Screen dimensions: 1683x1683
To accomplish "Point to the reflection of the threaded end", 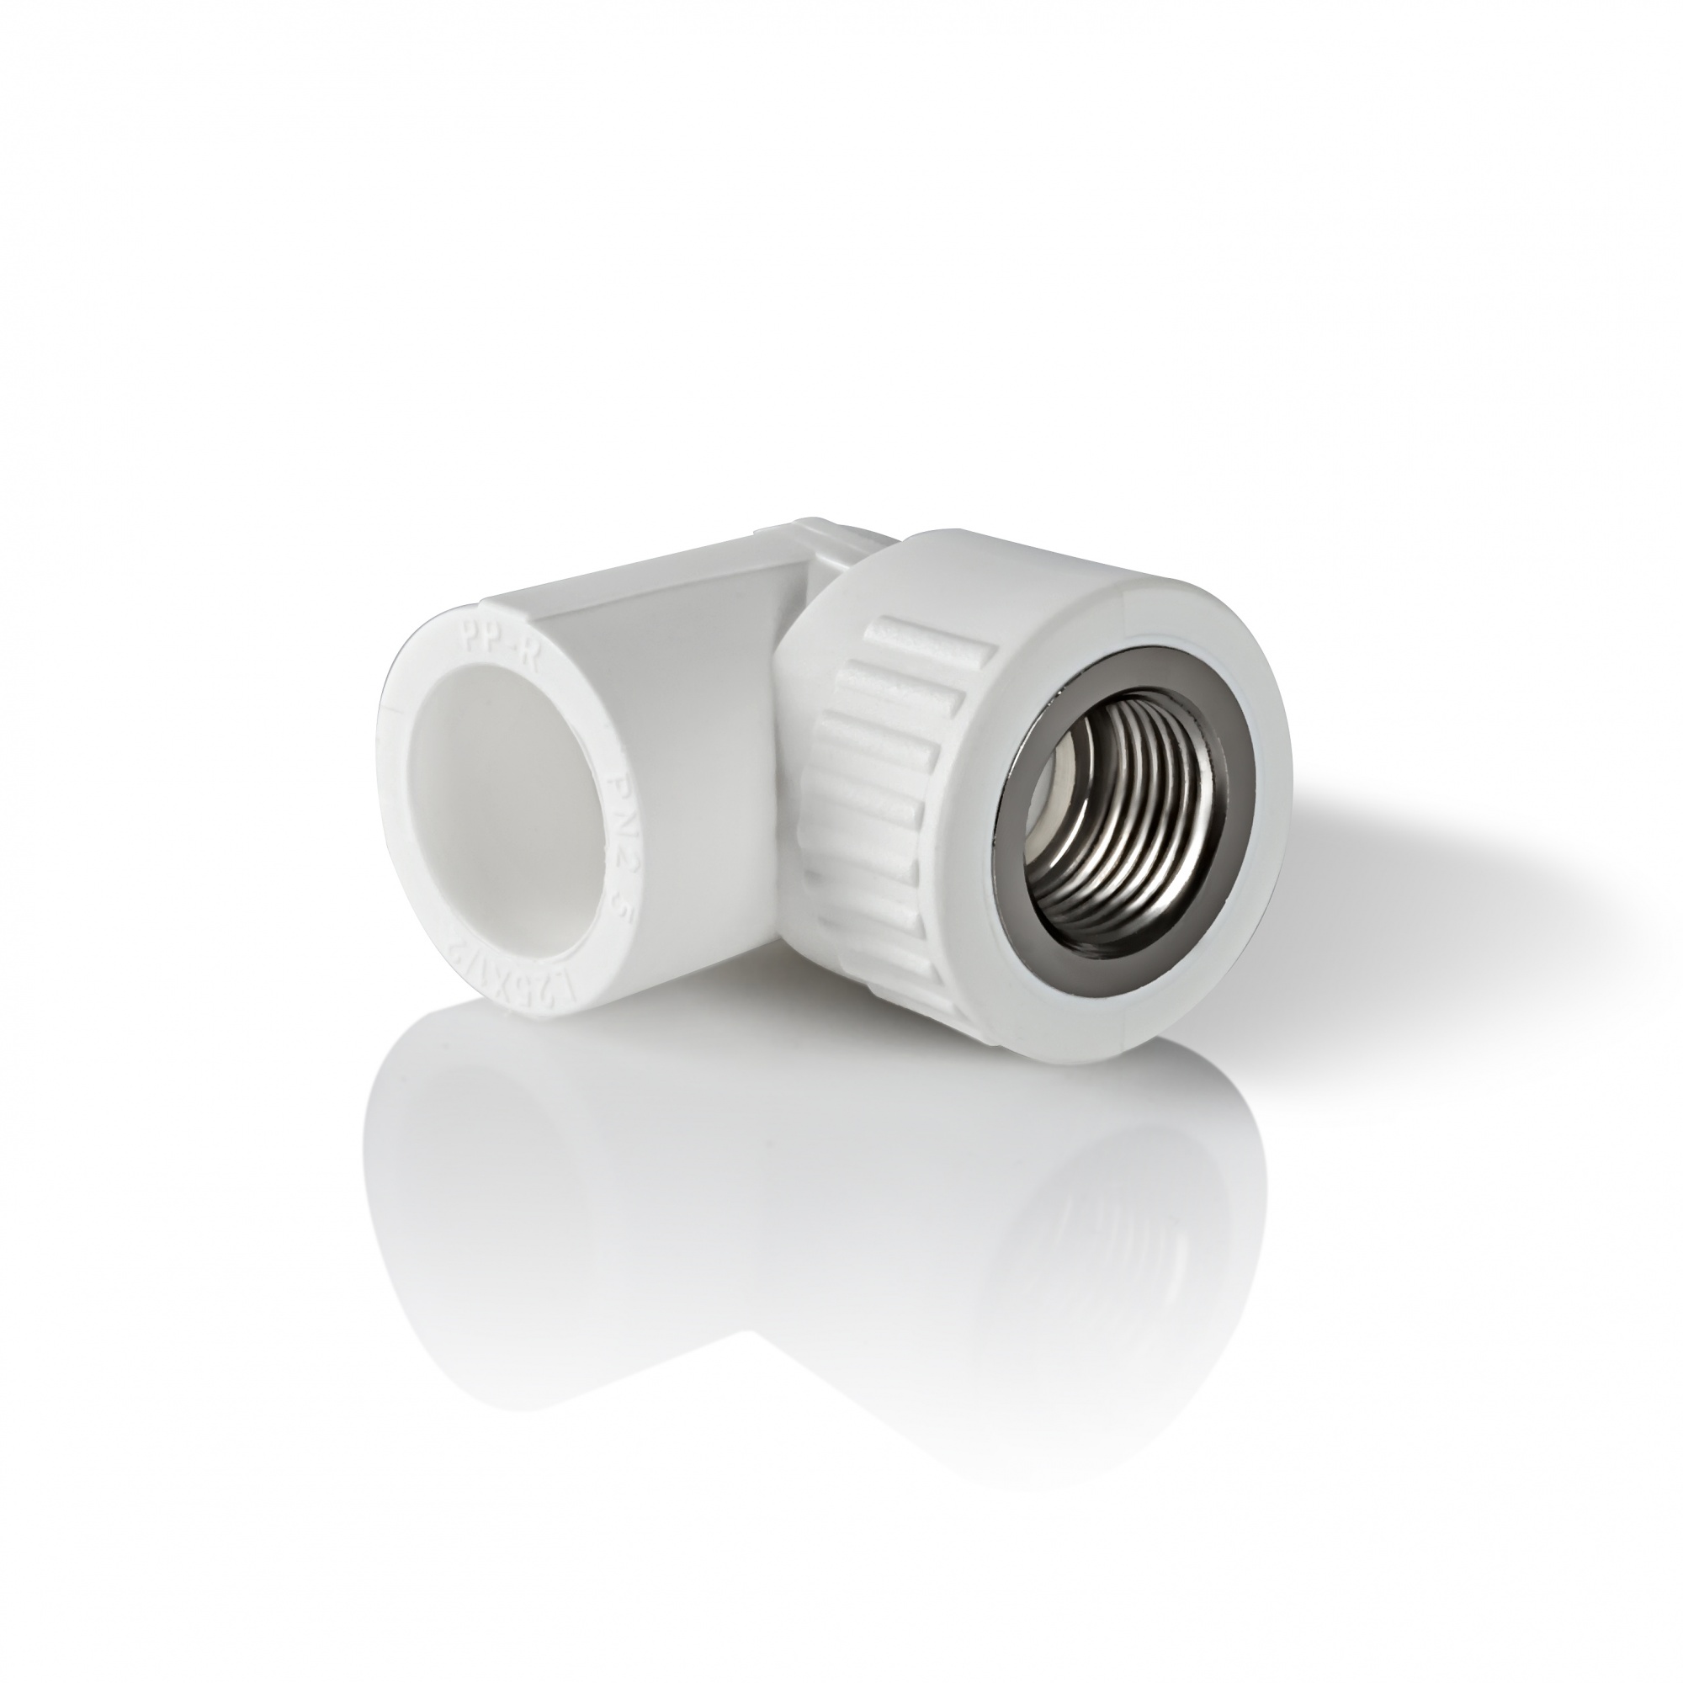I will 1045,1263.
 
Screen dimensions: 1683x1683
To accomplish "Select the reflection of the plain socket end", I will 523,1219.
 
